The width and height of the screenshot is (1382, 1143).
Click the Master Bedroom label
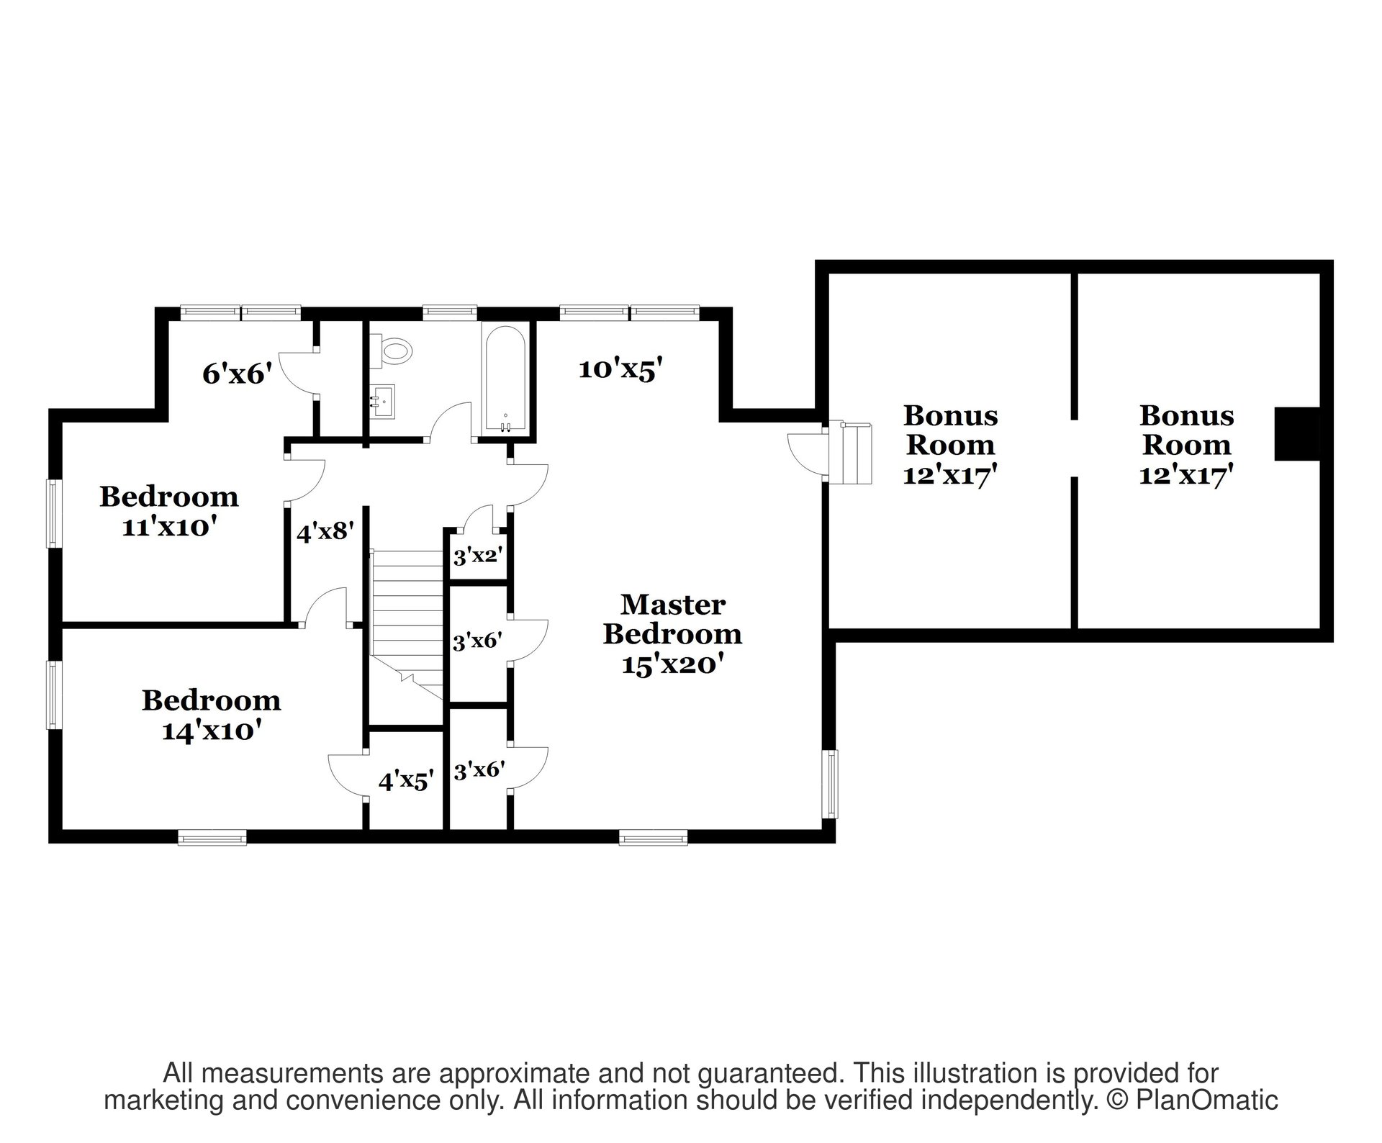click(673, 619)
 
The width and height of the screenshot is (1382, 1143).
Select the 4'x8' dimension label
click(326, 533)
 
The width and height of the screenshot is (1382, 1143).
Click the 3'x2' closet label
click(477, 556)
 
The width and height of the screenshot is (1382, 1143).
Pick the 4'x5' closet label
click(407, 781)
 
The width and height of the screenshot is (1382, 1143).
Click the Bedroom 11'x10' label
click(169, 512)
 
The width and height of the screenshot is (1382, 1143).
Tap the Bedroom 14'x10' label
click(211, 715)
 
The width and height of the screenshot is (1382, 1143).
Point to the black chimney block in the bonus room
click(1298, 434)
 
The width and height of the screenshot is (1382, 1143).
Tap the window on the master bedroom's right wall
click(832, 784)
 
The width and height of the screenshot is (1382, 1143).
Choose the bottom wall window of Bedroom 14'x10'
click(212, 837)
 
